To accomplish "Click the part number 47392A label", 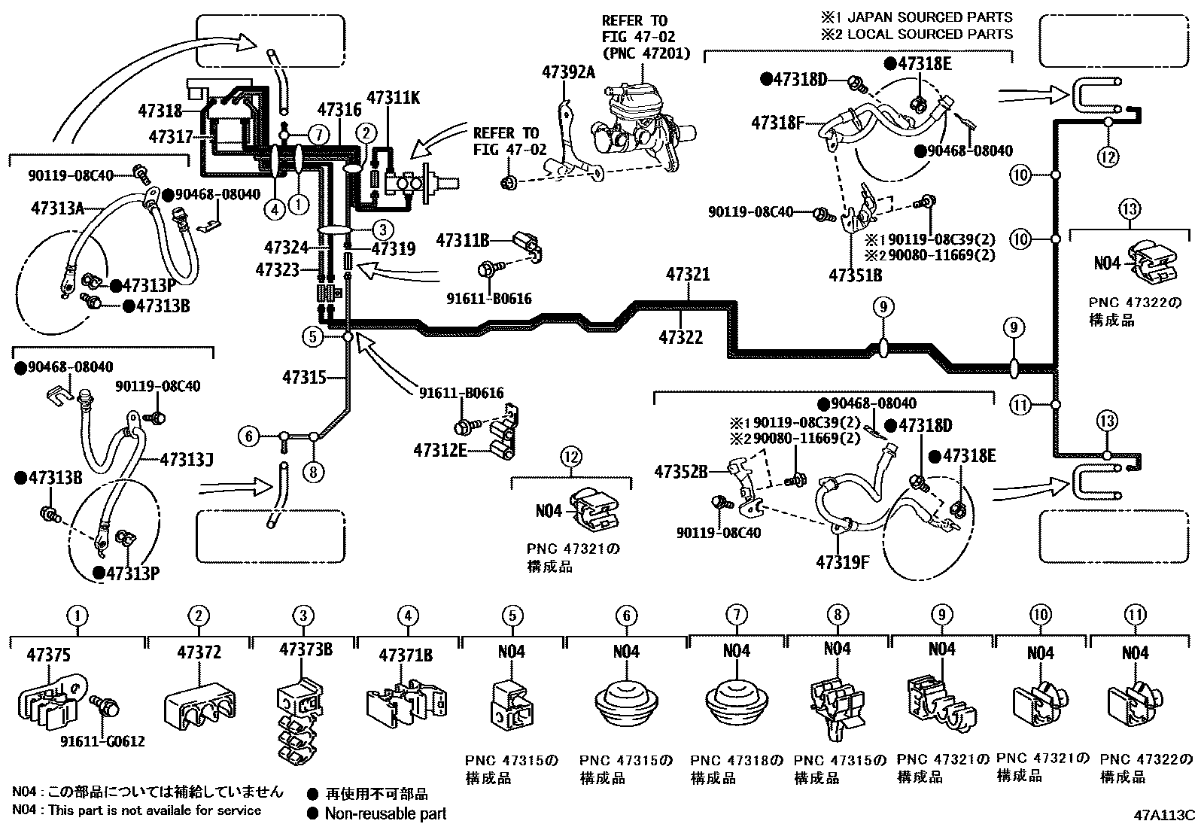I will point(568,71).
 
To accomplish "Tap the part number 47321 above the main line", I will point(687,275).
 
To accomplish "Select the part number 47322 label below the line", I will point(681,337).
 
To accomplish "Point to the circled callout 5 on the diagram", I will point(313,336).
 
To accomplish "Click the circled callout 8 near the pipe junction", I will point(313,472).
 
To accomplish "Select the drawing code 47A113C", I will point(1165,815).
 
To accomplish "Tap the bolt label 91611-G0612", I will point(102,741).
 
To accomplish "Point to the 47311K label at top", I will point(393,98).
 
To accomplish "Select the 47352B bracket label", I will point(680,472).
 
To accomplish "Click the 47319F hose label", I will point(843,561).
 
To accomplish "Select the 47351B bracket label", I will point(855,275).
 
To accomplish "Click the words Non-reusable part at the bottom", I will point(385,813).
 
